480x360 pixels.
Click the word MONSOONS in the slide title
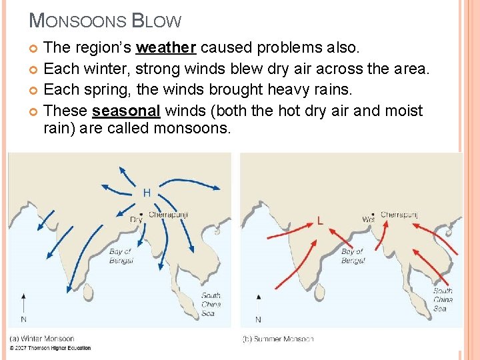tap(77, 21)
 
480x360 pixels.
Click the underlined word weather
tap(166, 47)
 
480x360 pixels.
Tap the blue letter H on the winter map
tap(147, 193)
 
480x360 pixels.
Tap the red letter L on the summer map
tap(321, 220)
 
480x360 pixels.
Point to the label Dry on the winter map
tap(136, 219)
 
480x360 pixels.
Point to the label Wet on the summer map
tap(368, 219)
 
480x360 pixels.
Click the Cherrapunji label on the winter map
tap(168, 215)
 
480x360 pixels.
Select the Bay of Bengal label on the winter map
tap(121, 256)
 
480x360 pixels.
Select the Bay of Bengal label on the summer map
tap(353, 256)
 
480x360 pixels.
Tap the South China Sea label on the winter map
tap(211, 304)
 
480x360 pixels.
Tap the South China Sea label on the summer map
tap(443, 299)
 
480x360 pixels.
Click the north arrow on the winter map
tap(23, 304)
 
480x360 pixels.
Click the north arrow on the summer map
tap(259, 304)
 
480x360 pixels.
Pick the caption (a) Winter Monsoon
tap(42, 339)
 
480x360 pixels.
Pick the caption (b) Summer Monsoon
tap(278, 339)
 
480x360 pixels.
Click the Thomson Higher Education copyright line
tap(50, 348)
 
